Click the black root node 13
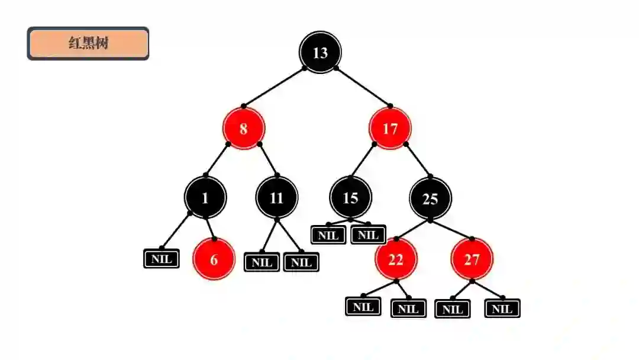[320, 53]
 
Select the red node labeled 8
[243, 128]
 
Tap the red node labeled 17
[390, 128]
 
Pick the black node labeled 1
[205, 198]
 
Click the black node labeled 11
[277, 198]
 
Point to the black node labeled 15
[350, 198]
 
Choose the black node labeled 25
[430, 198]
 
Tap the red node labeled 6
[214, 259]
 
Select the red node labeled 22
[395, 259]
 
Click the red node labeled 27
[472, 259]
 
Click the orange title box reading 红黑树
[88, 43]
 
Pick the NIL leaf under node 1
[161, 259]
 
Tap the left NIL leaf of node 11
[262, 262]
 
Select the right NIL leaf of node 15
[368, 234]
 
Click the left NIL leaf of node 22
[363, 307]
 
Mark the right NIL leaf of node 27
[502, 308]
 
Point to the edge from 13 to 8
[274, 87]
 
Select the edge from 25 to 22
[413, 230]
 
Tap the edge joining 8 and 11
[268, 159]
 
